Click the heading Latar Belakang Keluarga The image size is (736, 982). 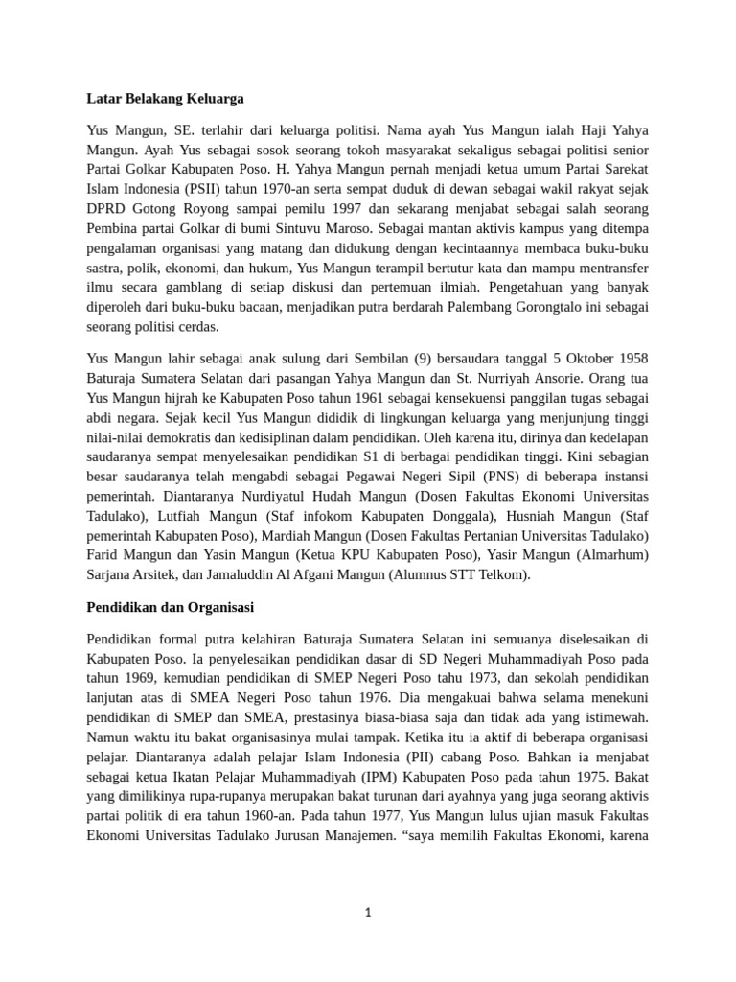(165, 98)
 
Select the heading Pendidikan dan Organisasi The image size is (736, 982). (170, 608)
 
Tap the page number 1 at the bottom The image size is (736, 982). (368, 913)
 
